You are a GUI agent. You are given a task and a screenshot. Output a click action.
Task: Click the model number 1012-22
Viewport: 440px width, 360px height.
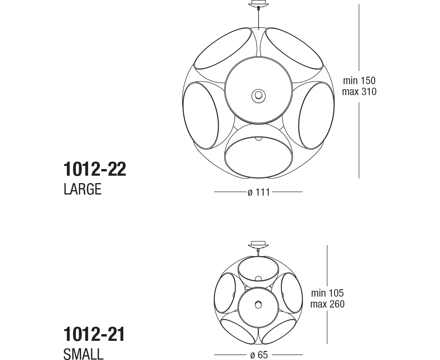(95, 169)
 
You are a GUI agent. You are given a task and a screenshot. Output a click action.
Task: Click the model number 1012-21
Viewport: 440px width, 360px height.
(94, 334)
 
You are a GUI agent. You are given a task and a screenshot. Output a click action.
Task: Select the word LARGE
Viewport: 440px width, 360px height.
(83, 189)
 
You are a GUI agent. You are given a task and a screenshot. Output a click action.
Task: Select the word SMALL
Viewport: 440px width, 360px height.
(83, 354)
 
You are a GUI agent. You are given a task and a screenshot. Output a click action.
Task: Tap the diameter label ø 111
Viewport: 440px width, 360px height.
(259, 193)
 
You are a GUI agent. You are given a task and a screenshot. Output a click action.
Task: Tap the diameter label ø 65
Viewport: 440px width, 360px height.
(259, 355)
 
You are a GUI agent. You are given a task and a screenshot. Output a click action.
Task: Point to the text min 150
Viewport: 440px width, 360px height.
(359, 81)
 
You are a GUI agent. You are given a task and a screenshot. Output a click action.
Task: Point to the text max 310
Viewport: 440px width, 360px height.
(359, 92)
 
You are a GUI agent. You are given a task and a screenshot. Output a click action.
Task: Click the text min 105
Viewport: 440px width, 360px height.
(327, 293)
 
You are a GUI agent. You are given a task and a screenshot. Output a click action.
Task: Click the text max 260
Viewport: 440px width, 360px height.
(327, 304)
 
